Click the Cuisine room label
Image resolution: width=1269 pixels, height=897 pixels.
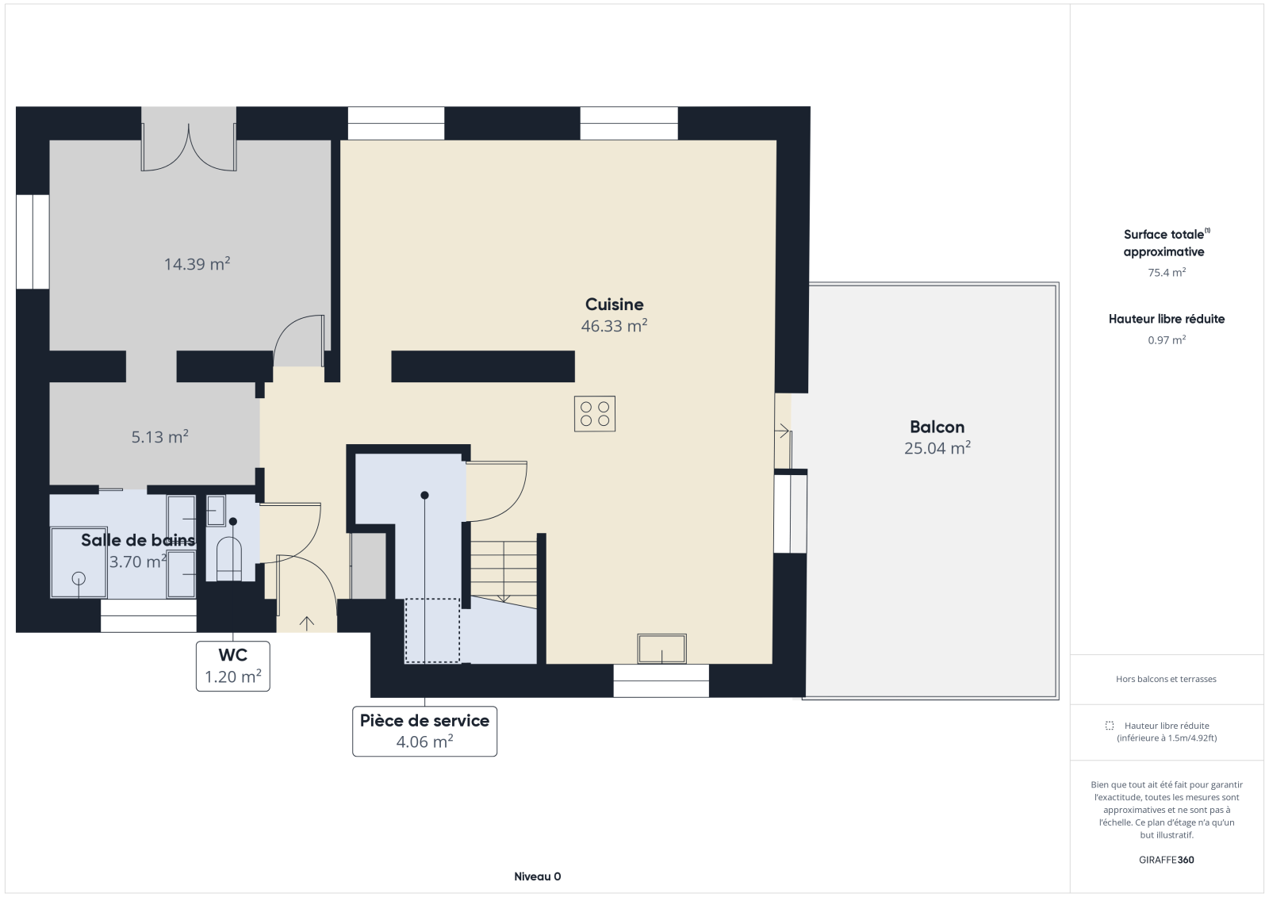(x=614, y=305)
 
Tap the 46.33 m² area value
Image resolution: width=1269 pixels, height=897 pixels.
(x=614, y=326)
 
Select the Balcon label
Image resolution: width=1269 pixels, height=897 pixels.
(x=937, y=427)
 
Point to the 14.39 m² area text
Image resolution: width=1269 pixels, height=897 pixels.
(x=197, y=264)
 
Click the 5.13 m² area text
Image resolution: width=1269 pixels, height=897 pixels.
(x=159, y=437)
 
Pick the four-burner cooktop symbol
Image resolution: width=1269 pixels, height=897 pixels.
(x=595, y=414)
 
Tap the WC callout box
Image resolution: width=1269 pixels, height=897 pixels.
(x=233, y=665)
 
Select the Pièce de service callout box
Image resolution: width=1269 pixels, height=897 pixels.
(x=425, y=731)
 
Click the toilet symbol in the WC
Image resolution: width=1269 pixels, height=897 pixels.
(x=229, y=558)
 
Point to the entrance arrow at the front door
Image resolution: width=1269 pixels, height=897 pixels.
(x=306, y=623)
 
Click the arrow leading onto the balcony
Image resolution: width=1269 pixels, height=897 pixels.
(x=782, y=431)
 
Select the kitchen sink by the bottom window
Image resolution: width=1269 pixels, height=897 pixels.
(x=661, y=649)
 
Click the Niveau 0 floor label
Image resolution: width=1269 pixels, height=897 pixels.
(x=538, y=876)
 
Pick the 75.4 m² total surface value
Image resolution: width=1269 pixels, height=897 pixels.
(x=1167, y=273)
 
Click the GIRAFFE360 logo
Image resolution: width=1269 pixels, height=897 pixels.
(x=1167, y=860)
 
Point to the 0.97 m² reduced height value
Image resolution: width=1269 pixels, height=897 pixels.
(x=1167, y=340)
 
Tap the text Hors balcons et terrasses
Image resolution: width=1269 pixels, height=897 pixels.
(x=1166, y=679)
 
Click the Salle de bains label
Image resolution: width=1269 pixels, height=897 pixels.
(x=138, y=540)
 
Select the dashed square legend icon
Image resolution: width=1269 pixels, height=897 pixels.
(x=1110, y=726)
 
